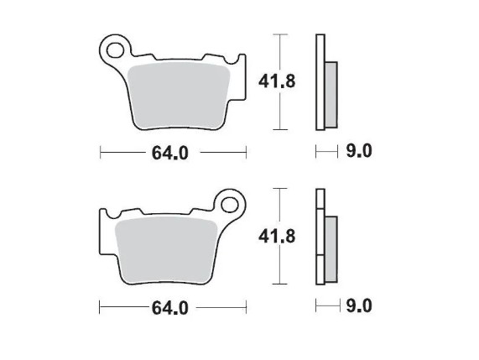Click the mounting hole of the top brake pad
pyautogui.click(x=116, y=50)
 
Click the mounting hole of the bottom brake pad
pyautogui.click(x=230, y=205)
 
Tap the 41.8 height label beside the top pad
pyautogui.click(x=277, y=81)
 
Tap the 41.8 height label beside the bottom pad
pyautogui.click(x=277, y=237)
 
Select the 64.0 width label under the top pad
pyautogui.click(x=169, y=153)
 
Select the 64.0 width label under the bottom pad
pyautogui.click(x=169, y=307)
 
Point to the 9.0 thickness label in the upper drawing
pyautogui.click(x=359, y=151)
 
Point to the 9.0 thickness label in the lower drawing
pyautogui.click(x=359, y=306)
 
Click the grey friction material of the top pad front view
pyautogui.click(x=179, y=96)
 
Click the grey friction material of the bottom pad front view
pyautogui.click(x=166, y=250)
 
